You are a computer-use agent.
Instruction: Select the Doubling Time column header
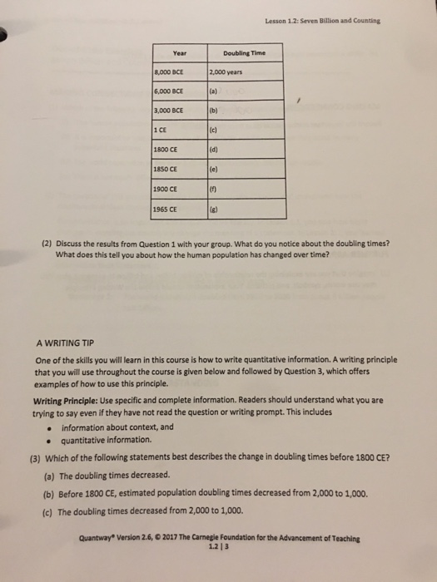(245, 52)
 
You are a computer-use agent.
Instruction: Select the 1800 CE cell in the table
(166, 149)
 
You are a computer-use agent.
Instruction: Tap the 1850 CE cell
(166, 169)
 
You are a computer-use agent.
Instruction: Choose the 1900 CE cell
(166, 189)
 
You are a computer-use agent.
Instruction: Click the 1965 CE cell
(166, 210)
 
